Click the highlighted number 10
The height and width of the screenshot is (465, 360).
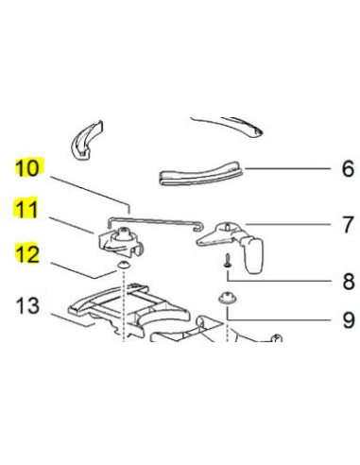[28, 170]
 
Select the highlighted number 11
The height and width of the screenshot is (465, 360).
[28, 210]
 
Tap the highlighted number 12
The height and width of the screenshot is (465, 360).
[28, 252]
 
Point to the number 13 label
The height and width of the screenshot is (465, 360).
[28, 305]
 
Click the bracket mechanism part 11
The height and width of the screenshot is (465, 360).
[120, 239]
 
